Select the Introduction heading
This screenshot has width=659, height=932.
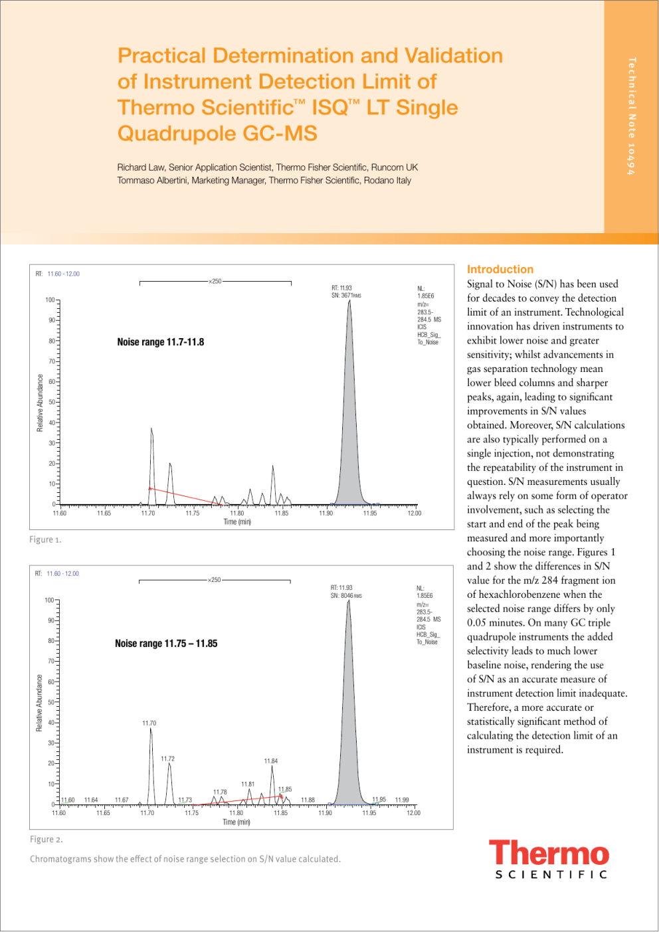(x=500, y=269)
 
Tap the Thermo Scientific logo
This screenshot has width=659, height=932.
(x=549, y=859)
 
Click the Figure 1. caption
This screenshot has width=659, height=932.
(x=45, y=539)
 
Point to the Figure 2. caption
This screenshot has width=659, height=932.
(x=46, y=839)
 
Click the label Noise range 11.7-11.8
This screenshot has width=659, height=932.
(x=160, y=342)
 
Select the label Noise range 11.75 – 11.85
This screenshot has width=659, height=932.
(x=165, y=643)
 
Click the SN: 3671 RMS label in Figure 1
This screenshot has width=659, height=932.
(x=345, y=296)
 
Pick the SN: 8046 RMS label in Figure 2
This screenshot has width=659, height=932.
(x=345, y=595)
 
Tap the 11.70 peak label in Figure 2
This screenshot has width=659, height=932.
(x=149, y=723)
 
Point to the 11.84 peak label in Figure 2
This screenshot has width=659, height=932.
(x=270, y=761)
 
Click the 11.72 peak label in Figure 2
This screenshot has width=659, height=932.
(x=167, y=758)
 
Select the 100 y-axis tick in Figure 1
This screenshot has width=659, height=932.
(x=50, y=300)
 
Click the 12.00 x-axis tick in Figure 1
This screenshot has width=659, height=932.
(x=414, y=513)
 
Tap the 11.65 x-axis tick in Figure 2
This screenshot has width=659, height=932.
(x=103, y=812)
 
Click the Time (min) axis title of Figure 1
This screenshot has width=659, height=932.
(x=237, y=521)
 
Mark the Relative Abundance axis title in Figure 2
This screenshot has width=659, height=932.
(x=39, y=703)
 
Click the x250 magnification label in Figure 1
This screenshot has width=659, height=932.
(x=215, y=281)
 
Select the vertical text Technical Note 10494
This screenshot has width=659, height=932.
(x=631, y=116)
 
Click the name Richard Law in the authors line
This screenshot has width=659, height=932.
(x=141, y=167)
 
